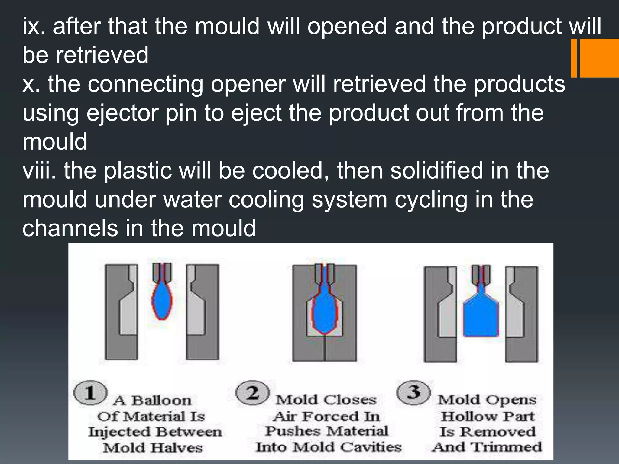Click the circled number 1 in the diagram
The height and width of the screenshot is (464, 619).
[x=90, y=393]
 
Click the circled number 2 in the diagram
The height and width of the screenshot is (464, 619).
[x=252, y=393]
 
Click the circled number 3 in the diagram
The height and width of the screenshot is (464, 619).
[x=413, y=392]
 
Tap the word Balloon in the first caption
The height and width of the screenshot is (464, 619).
[x=161, y=401]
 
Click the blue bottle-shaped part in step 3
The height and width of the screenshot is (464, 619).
[x=481, y=320]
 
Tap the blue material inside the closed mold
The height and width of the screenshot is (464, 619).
[x=324, y=314]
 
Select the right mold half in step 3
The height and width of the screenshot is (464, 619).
[x=521, y=314]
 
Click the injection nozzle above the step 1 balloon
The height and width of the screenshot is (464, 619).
[x=162, y=272]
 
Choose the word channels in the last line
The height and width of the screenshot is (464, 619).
[x=70, y=228]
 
